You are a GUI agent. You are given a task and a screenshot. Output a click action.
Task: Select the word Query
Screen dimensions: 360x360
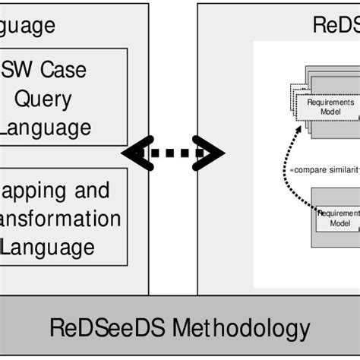pyautogui.click(x=47, y=99)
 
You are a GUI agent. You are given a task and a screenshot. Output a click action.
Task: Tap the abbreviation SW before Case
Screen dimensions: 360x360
pyautogui.click(x=16, y=71)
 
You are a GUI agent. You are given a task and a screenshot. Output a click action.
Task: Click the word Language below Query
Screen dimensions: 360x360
pyautogui.click(x=46, y=127)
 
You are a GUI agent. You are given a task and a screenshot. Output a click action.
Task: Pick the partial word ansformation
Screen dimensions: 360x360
pyautogui.click(x=59, y=219)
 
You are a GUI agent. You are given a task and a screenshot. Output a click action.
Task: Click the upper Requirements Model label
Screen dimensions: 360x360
pyautogui.click(x=330, y=106)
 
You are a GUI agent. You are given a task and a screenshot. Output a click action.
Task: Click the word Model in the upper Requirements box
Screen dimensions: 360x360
pyautogui.click(x=330, y=112)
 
